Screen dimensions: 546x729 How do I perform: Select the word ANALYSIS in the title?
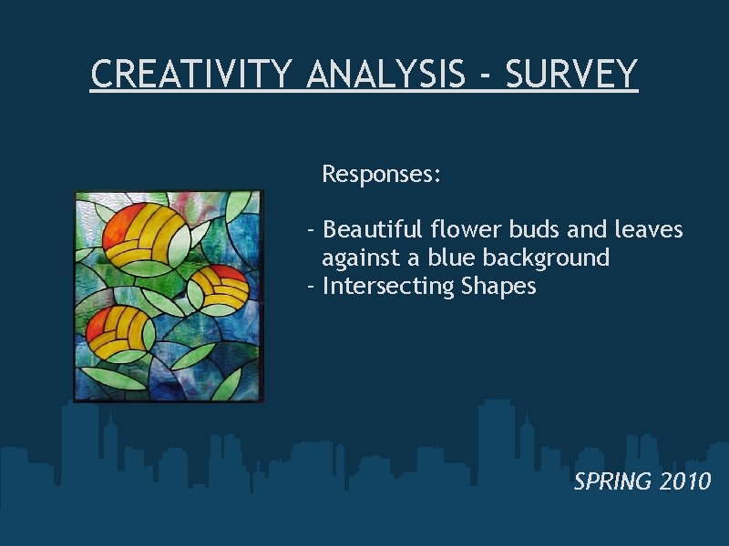point(385,74)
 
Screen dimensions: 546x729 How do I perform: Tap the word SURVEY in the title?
point(570,74)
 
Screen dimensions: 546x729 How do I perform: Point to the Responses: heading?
point(382,174)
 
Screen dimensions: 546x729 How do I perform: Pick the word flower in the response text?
point(461,229)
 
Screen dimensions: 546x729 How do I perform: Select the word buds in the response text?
point(528,229)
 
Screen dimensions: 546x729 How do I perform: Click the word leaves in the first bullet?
point(651,229)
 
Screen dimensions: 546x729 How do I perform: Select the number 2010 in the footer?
point(684,481)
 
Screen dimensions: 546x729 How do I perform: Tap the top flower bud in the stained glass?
point(146,231)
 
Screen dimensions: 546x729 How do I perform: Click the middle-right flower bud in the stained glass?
point(219,287)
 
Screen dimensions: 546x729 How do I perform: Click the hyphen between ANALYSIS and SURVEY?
point(485,76)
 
